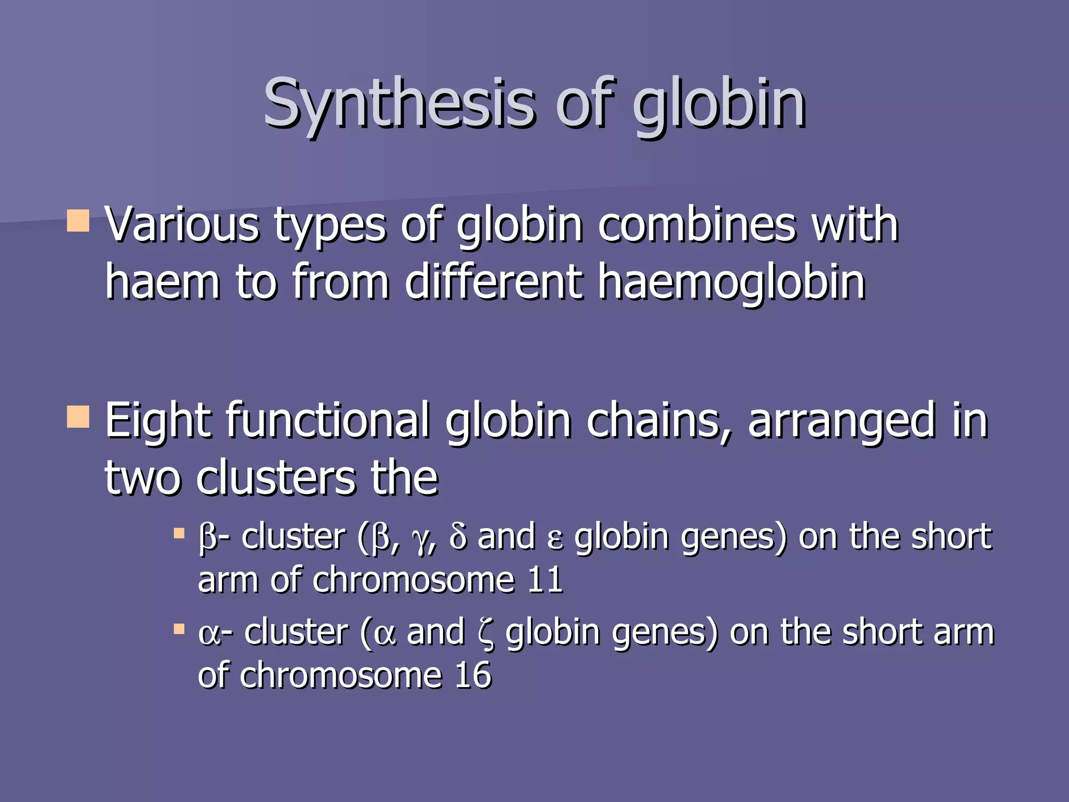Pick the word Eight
pos(158,421)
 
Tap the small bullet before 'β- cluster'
pos(179,534)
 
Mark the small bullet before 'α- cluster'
pos(179,629)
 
